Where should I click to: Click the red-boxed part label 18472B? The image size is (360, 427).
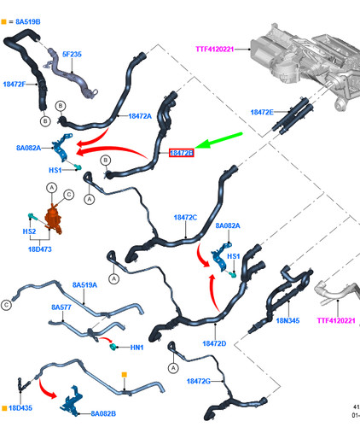coord(182,153)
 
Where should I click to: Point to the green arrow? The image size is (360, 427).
coord(218,140)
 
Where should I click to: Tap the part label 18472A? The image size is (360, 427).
coord(140,116)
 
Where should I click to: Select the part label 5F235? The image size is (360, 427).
coord(72,54)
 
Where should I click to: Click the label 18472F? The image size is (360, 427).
coord(15,84)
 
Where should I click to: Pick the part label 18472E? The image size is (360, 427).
coord(262,112)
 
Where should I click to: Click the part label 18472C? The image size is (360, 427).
coord(185,218)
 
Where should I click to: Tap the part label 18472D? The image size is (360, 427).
coord(214,343)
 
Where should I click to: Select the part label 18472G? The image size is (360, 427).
coord(199,381)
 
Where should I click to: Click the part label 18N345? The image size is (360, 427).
coord(287,320)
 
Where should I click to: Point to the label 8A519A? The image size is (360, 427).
coord(84,285)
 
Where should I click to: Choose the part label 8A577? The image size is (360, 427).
coord(61,307)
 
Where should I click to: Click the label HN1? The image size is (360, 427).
coord(136,348)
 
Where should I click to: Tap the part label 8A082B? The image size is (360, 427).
coord(103,413)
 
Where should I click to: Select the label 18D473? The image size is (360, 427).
coord(40,249)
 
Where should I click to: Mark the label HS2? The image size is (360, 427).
coord(29,231)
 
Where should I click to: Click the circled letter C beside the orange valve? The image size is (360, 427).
coord(68,195)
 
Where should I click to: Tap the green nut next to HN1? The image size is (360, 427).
coord(113,347)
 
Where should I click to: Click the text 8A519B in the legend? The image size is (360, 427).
coord(28,21)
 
